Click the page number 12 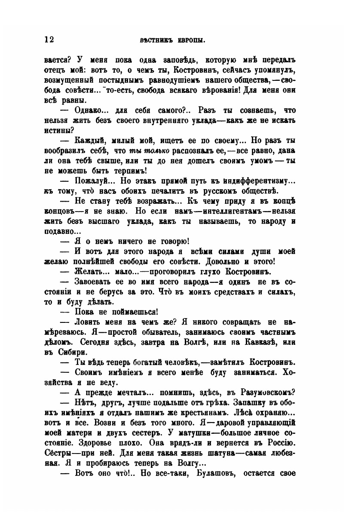49,40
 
